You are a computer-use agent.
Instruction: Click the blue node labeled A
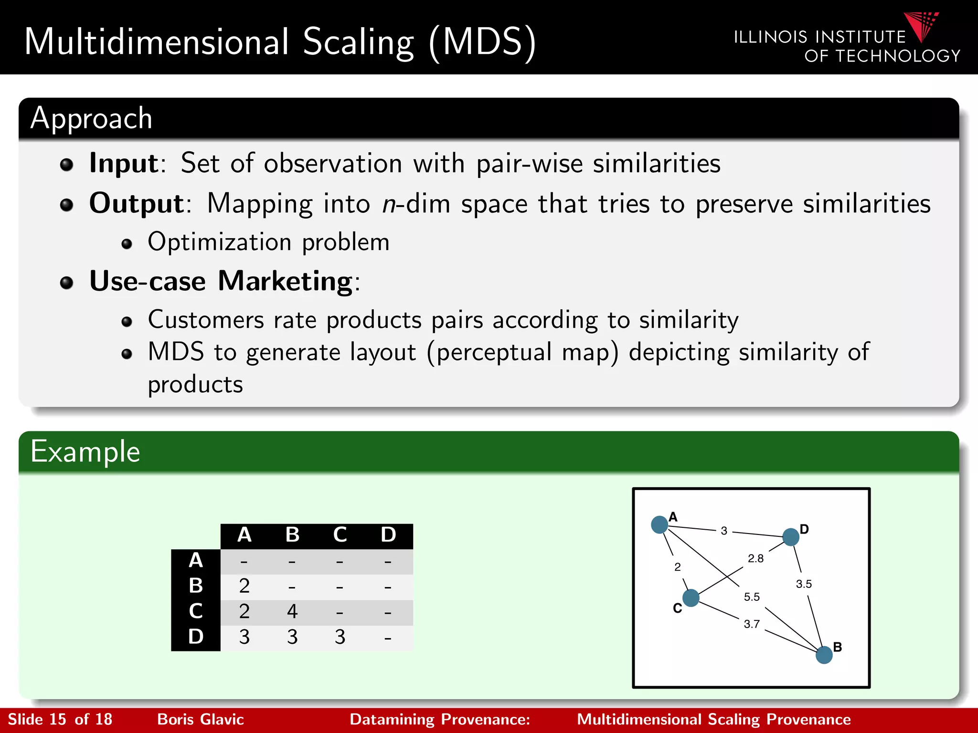pos(659,524)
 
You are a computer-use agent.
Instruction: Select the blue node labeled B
pos(824,655)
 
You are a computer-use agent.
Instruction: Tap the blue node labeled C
pos(691,597)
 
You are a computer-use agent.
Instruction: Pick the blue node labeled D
pos(791,537)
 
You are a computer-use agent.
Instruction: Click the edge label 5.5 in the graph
pos(752,597)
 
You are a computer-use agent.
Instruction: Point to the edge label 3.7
pos(752,624)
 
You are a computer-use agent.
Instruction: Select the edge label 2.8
pos(755,558)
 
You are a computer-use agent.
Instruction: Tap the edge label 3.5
pos(804,584)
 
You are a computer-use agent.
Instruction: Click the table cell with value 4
pos(292,611)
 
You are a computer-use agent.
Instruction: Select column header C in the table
pos(340,535)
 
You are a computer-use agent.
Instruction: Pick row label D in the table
pos(196,637)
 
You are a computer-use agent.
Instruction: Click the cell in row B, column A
pos(244,586)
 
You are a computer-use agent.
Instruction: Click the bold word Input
pos(124,163)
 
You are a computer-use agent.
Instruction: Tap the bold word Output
pos(137,204)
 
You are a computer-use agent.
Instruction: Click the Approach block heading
pos(91,118)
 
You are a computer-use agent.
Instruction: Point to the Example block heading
pos(85,451)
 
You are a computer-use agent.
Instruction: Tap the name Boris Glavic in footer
pos(201,719)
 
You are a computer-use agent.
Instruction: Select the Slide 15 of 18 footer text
pos(60,719)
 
